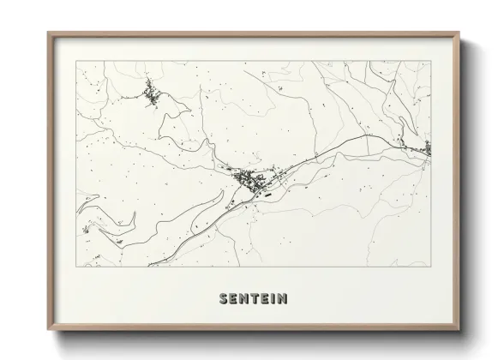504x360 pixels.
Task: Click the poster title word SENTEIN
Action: click(x=253, y=299)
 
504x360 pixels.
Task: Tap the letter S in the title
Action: click(x=224, y=299)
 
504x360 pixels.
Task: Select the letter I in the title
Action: click(x=273, y=299)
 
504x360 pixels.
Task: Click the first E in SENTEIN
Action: click(x=233, y=299)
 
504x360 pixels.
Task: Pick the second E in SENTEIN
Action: click(x=264, y=299)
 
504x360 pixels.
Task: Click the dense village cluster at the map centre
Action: click(x=249, y=181)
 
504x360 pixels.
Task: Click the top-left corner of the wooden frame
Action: click(x=48, y=33)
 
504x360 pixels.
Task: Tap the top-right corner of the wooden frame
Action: click(x=459, y=33)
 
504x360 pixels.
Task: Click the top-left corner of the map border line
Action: click(x=76, y=61)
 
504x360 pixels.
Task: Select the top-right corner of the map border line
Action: click(x=430, y=61)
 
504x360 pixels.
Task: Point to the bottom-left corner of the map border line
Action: click(x=76, y=267)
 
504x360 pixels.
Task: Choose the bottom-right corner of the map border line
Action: click(x=430, y=267)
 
